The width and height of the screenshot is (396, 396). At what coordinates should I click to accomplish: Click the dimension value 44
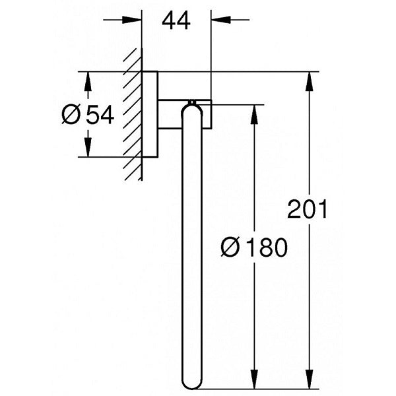click(x=176, y=21)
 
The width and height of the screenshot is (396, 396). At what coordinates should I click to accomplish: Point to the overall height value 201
click(x=308, y=211)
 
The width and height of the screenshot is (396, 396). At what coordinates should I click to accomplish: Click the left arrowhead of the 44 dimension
click(x=137, y=18)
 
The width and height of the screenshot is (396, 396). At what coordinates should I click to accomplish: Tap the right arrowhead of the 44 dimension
click(x=216, y=18)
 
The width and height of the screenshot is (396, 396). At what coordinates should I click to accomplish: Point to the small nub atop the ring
click(x=192, y=102)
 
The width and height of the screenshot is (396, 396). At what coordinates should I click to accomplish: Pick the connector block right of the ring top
click(x=207, y=114)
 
